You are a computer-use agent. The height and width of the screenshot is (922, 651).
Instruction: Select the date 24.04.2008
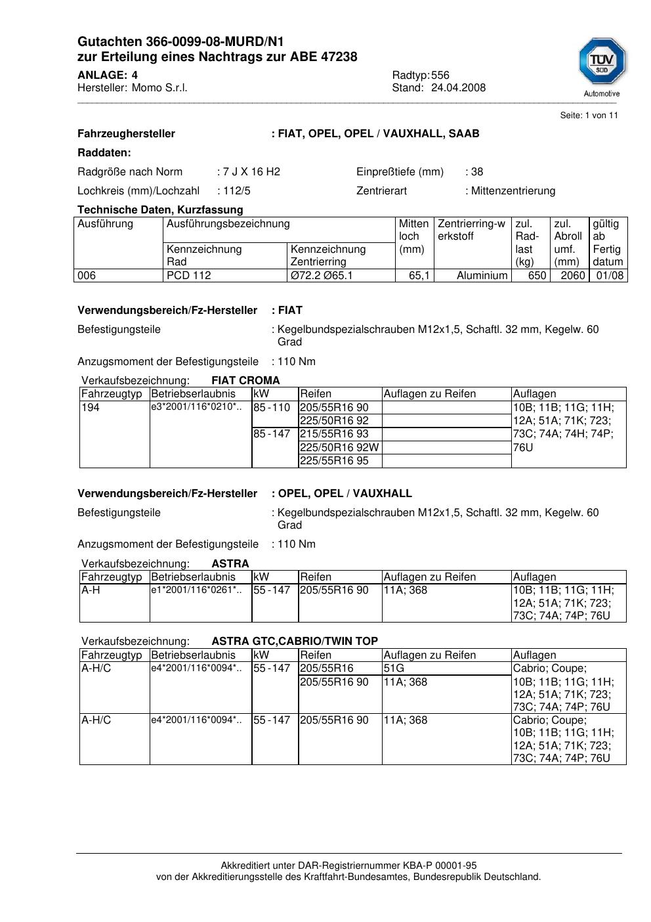coord(458,88)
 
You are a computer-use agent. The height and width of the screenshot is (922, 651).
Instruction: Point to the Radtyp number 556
coord(440,76)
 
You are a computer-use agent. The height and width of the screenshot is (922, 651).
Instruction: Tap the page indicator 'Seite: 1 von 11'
coord(589,116)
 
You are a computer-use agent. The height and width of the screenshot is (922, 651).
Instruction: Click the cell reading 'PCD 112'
coord(189,276)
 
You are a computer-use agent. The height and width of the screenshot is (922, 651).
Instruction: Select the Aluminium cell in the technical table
coord(482,276)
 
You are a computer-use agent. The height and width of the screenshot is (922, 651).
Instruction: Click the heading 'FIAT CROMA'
coord(245,381)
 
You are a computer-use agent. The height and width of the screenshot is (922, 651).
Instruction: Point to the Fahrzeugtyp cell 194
coord(91,408)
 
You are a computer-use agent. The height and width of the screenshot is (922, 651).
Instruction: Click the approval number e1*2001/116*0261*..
coord(196,590)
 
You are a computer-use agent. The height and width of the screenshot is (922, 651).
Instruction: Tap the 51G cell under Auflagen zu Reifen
coord(394,669)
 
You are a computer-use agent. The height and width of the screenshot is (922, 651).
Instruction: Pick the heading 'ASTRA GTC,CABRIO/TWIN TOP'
coord(295,642)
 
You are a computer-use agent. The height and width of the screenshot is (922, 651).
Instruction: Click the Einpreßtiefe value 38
coord(477,172)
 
